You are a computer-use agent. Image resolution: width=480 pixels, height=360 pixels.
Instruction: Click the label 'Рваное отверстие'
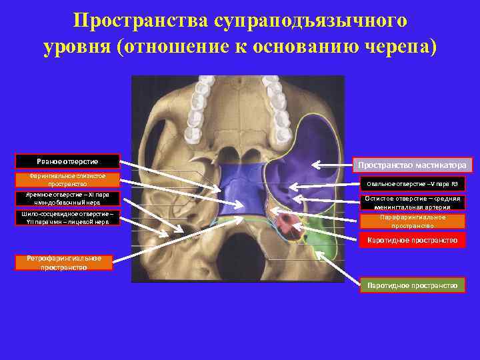[x=67, y=161]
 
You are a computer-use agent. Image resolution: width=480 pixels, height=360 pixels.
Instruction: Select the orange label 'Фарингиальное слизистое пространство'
[x=67, y=180]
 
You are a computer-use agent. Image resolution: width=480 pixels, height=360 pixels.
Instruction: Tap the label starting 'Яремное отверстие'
[x=67, y=199]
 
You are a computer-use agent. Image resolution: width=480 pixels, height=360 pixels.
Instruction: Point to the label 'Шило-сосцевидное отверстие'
[x=67, y=218]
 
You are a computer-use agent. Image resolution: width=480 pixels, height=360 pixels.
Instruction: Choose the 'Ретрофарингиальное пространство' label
[x=64, y=263]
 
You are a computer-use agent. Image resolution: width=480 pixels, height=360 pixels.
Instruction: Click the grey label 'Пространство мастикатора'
[x=411, y=165]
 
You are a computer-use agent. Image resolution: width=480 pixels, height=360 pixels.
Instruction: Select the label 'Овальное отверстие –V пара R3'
[x=411, y=184]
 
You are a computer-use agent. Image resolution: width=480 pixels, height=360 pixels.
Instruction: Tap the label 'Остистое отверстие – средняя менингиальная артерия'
[x=411, y=203]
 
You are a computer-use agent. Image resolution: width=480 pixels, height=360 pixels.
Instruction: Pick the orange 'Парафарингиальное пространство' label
[x=411, y=221]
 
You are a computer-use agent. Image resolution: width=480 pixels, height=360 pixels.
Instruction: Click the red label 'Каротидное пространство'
[x=411, y=240]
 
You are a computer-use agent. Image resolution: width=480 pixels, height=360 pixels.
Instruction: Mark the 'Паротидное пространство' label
[x=411, y=285]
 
